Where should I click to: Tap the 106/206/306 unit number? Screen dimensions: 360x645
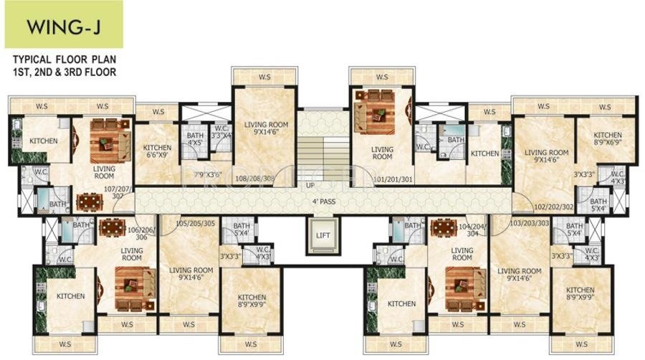pos(140,232)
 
